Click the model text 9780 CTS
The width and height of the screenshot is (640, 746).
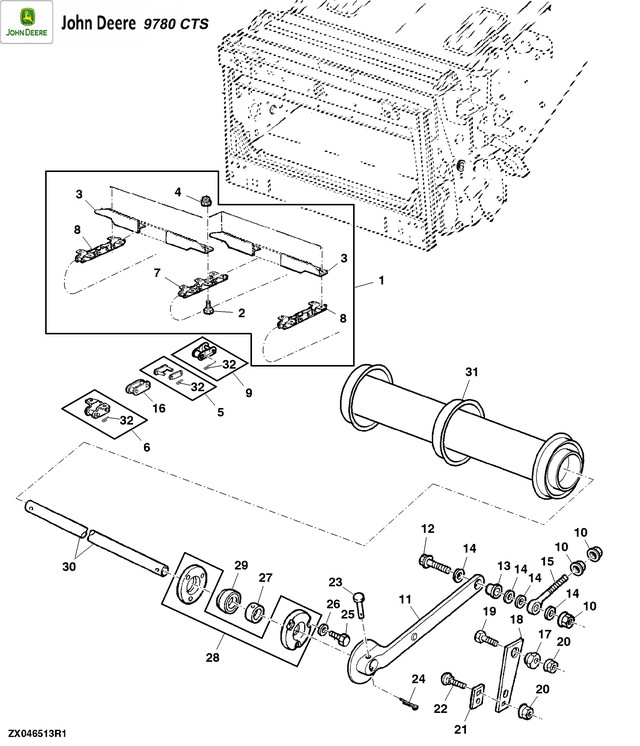(x=176, y=22)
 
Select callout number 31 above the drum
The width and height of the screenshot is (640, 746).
(x=471, y=372)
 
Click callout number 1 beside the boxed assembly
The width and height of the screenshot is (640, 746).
(x=381, y=283)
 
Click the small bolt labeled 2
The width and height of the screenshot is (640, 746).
(x=208, y=310)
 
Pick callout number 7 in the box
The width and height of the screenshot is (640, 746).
(x=157, y=272)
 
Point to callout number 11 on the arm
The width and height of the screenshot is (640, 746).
(x=405, y=600)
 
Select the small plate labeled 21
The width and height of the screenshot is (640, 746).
(x=476, y=695)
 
